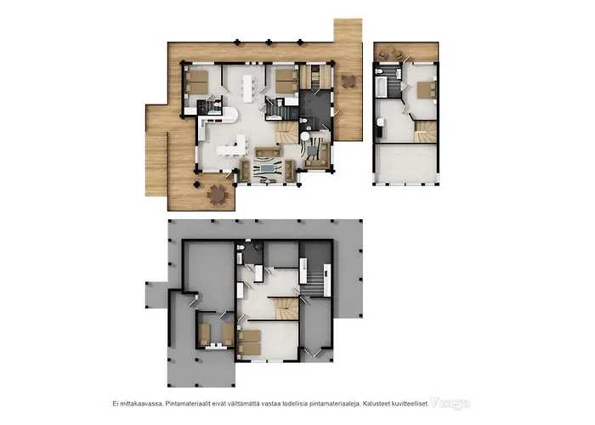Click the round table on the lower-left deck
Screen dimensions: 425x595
click(x=219, y=196)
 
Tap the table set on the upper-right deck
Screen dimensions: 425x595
click(x=348, y=82)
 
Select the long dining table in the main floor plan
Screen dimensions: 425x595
click(x=248, y=86)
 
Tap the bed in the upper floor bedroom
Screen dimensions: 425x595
click(x=422, y=91)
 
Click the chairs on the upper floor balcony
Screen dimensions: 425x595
click(x=393, y=54)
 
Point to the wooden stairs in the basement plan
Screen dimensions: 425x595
click(x=288, y=307)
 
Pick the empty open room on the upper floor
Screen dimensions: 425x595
click(x=405, y=163)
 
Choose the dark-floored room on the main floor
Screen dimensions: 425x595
click(x=312, y=109)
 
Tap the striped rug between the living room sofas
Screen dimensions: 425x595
click(x=270, y=171)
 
